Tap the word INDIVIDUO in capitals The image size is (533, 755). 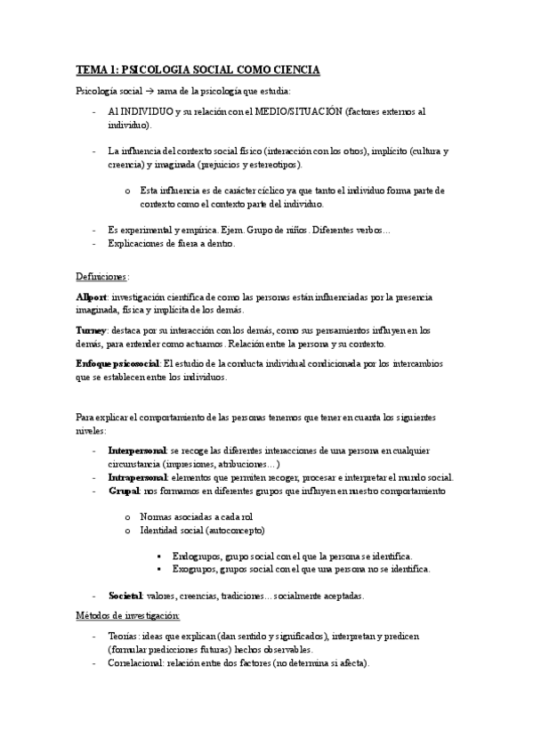point(149,112)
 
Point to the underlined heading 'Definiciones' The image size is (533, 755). point(102,276)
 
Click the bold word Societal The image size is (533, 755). point(126,595)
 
